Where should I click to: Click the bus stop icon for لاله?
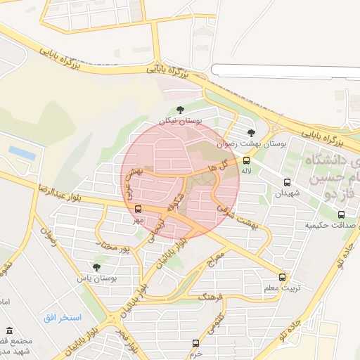(245, 160)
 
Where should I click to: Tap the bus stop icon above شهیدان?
(287, 182)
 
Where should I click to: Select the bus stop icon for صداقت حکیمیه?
(342, 214)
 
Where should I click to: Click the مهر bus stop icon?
(138, 209)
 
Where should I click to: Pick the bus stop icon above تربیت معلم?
(283, 277)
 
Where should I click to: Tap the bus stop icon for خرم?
(196, 343)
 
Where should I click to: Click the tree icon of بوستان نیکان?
(181, 110)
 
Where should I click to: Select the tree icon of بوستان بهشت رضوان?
(251, 132)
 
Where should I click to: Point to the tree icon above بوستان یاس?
(96, 267)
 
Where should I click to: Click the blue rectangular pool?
(22, 151)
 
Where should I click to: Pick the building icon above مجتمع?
(9, 330)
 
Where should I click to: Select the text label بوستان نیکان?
(180, 121)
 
